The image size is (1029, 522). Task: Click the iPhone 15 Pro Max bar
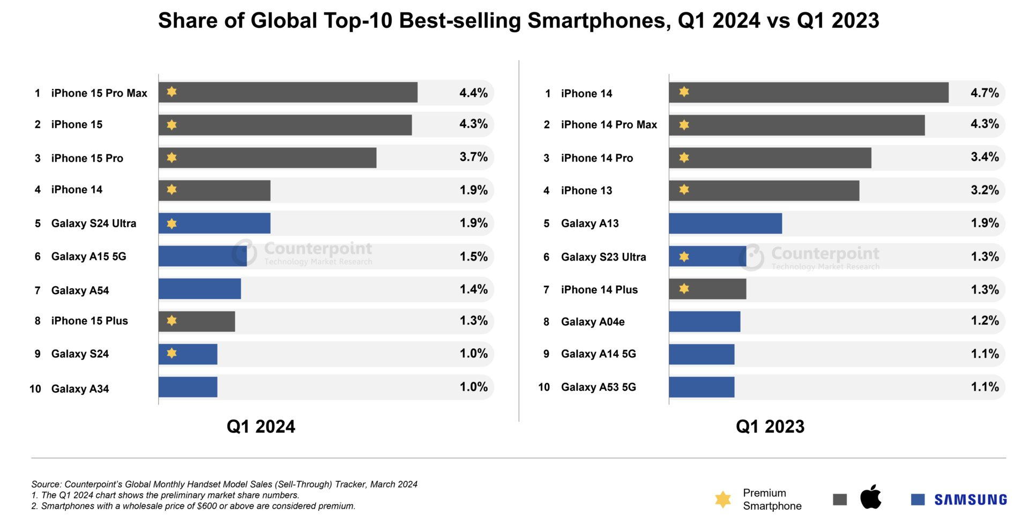(x=288, y=92)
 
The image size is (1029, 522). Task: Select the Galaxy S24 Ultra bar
(x=214, y=223)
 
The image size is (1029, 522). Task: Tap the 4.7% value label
(x=985, y=93)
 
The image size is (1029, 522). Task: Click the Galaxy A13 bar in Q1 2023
(x=725, y=223)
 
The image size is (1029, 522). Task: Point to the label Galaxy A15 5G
(x=88, y=257)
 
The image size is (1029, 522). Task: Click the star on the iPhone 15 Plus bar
(x=171, y=320)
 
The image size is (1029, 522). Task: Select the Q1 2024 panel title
(x=260, y=427)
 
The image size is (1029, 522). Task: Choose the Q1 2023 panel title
(x=770, y=427)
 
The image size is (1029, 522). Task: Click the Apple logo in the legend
(x=870, y=497)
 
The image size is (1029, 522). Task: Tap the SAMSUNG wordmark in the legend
(x=971, y=500)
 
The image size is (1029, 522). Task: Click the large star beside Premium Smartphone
(x=722, y=499)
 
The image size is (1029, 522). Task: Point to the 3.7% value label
(x=474, y=157)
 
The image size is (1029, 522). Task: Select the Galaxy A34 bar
(x=188, y=387)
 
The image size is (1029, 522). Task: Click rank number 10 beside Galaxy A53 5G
(x=544, y=387)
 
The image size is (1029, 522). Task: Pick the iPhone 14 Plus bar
(x=707, y=289)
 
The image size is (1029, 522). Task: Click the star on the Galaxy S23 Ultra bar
(x=684, y=257)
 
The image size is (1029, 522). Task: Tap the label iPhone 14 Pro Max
(x=609, y=125)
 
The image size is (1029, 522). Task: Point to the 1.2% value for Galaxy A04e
(x=985, y=320)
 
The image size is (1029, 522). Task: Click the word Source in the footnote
(x=46, y=484)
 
